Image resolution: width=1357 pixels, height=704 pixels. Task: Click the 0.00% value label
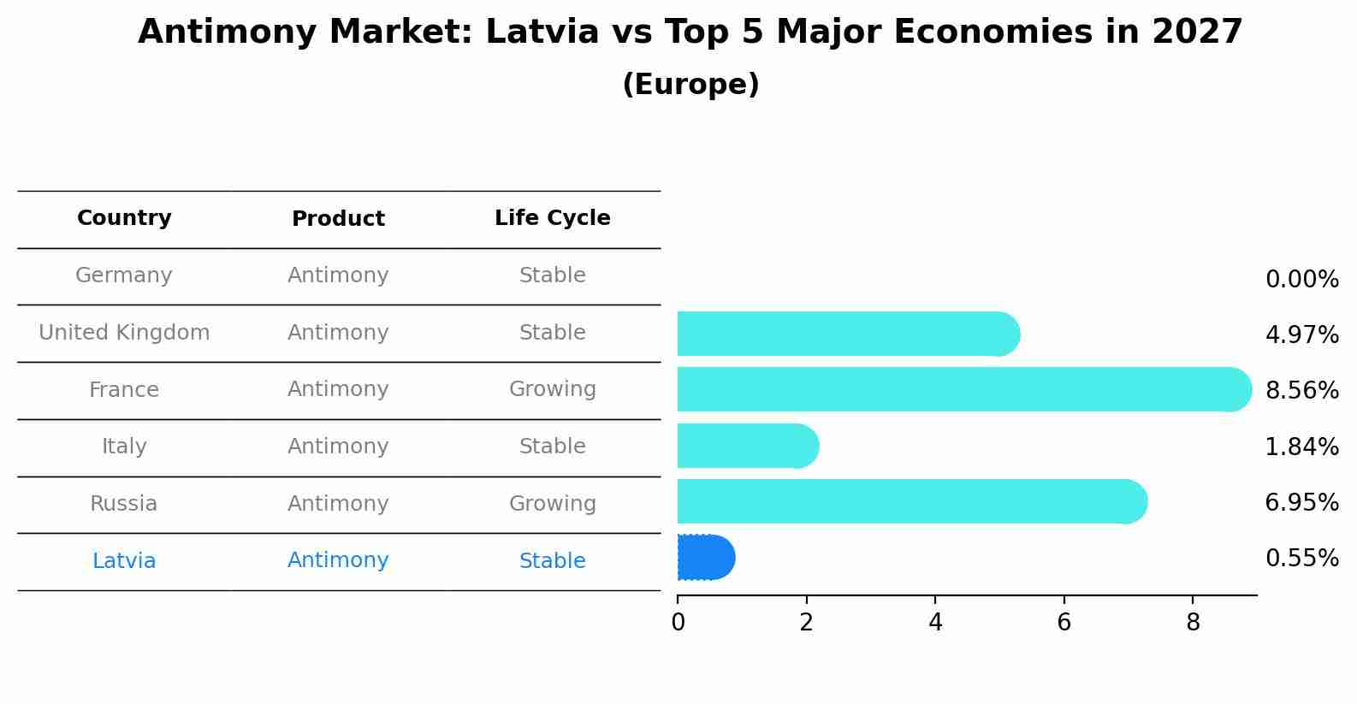coord(1301,280)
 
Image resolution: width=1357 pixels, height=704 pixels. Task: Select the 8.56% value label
coord(1301,391)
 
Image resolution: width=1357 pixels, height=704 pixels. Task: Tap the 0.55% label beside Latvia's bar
coord(1301,559)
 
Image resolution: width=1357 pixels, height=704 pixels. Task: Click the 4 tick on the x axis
coord(935,623)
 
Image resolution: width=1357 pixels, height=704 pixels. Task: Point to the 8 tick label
coord(1193,623)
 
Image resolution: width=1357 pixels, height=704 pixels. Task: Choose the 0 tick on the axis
coord(678,623)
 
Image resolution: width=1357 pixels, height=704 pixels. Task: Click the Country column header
coord(124,218)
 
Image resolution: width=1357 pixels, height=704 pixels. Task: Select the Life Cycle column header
coord(552,218)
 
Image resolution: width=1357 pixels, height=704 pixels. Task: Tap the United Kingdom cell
coord(124,333)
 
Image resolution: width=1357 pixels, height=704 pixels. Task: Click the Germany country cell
coord(124,275)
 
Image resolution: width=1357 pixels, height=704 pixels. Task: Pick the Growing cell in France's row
coord(552,389)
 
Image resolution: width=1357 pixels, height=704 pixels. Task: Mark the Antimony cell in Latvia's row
coord(338,560)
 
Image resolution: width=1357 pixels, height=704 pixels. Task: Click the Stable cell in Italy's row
coord(552,447)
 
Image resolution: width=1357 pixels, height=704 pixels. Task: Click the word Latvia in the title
coord(542,33)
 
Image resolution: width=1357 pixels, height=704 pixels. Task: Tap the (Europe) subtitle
coord(690,85)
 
